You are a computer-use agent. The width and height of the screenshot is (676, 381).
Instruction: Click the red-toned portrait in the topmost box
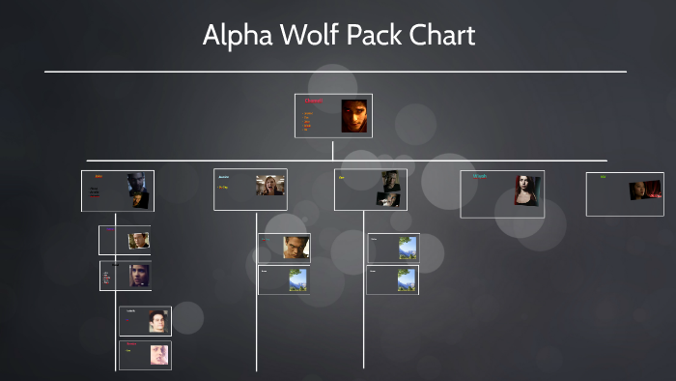(353, 116)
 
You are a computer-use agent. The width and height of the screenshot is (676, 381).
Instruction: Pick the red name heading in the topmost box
(313, 101)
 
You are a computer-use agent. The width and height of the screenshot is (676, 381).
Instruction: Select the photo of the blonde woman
(269, 186)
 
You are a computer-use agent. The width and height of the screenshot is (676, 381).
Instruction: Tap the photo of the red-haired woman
(525, 190)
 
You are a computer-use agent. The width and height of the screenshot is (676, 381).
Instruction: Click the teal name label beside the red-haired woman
(480, 176)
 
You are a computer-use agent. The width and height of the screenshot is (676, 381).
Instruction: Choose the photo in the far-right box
(645, 190)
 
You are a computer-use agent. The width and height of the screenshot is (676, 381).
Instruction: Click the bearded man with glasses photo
(138, 240)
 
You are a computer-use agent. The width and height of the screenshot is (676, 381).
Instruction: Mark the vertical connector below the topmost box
(332, 150)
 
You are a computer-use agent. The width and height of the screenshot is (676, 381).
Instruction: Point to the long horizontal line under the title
(335, 72)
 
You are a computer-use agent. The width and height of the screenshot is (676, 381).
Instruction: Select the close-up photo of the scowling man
(296, 247)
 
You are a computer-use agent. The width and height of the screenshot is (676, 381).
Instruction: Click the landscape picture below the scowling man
(297, 279)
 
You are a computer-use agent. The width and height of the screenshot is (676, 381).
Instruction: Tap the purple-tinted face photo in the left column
(139, 275)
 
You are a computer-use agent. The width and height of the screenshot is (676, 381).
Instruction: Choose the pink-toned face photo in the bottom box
(158, 354)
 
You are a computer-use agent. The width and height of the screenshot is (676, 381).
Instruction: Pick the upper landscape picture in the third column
(408, 248)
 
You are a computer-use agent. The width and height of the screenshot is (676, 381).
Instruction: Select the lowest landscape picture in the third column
(408, 279)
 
